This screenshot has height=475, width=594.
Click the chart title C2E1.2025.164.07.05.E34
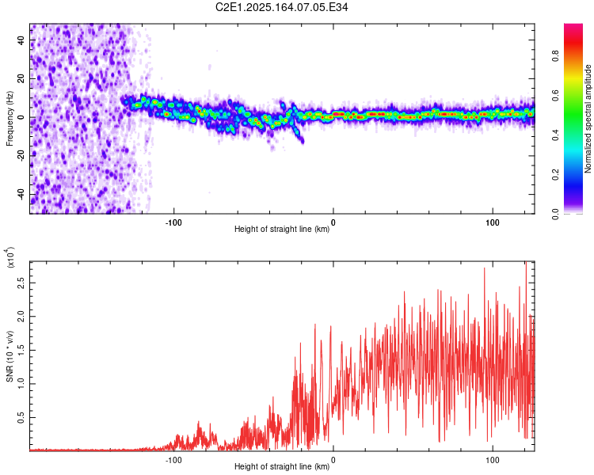click(281, 7)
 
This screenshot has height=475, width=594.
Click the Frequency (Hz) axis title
click(10, 119)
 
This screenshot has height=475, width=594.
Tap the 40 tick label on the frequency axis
click(21, 40)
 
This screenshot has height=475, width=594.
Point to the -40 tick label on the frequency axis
click(21, 195)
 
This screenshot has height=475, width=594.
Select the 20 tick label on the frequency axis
click(21, 79)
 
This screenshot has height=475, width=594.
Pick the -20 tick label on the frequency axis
click(21, 157)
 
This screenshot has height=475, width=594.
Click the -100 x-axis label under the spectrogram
click(173, 222)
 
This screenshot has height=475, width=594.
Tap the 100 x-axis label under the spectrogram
click(493, 222)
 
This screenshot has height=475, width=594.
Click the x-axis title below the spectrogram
click(282, 229)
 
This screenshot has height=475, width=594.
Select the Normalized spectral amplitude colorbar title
click(588, 119)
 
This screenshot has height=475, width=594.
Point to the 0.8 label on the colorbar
click(556, 56)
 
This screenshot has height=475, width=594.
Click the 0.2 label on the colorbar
click(556, 175)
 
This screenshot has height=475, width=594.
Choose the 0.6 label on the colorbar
click(556, 96)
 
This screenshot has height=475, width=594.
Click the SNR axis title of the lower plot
click(10, 356)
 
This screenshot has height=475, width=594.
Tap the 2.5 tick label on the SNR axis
click(21, 283)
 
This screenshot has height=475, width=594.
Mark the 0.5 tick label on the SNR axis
click(21, 417)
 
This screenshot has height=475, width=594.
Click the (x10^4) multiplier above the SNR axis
click(10, 257)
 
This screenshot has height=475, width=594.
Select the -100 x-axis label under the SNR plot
click(173, 460)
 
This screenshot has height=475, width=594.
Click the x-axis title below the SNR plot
click(282, 466)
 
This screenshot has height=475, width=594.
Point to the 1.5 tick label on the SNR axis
click(21, 350)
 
